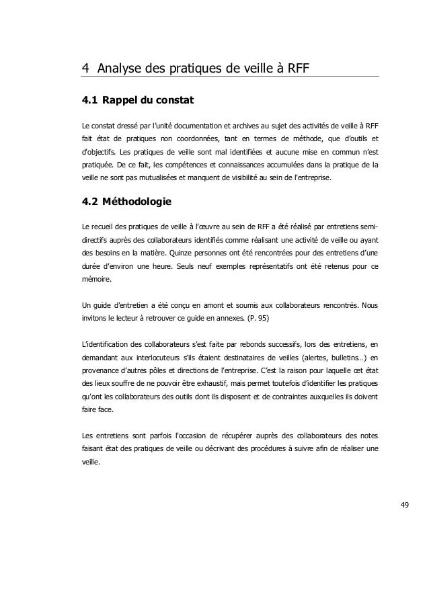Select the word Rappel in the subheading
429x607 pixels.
pyautogui.click(x=123, y=102)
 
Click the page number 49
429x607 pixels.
pyautogui.click(x=402, y=503)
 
